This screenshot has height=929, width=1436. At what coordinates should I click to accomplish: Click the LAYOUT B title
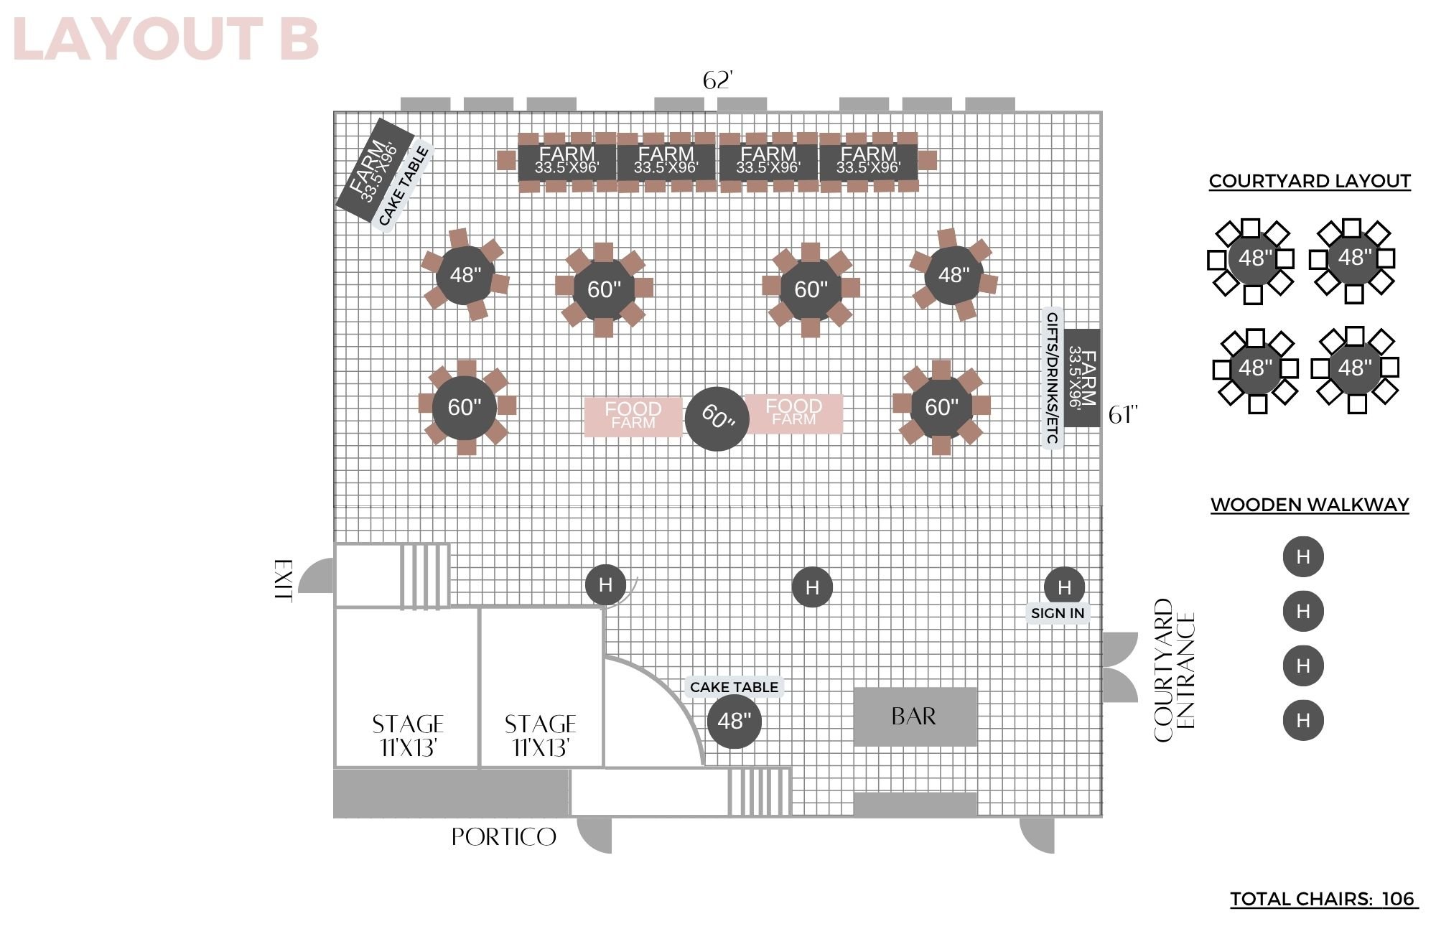tap(166, 39)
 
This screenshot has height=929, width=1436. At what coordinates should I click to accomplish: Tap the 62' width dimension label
tap(718, 80)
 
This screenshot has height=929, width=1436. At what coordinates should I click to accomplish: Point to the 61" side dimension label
tap(1123, 415)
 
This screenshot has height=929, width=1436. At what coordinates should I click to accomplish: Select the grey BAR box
tap(915, 716)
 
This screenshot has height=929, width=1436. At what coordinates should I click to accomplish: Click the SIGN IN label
tap(1058, 613)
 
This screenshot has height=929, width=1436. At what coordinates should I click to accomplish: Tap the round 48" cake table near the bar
tap(734, 721)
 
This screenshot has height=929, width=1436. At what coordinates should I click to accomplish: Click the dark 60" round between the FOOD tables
tap(717, 419)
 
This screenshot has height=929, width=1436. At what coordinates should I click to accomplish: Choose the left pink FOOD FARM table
tap(633, 416)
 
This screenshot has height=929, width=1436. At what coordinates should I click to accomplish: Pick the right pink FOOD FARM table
tap(793, 414)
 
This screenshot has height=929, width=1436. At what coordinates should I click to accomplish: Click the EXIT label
tap(284, 580)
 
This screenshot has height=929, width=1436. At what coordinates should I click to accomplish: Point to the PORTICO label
tap(504, 837)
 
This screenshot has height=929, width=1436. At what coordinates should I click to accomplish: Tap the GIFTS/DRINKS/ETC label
tap(1052, 378)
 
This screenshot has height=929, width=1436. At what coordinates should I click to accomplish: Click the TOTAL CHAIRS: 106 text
tap(1323, 899)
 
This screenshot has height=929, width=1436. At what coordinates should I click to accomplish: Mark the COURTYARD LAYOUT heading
tap(1310, 182)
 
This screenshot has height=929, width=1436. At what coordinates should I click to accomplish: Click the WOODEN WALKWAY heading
tap(1310, 505)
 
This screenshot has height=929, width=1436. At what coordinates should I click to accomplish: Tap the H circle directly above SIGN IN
tap(1064, 587)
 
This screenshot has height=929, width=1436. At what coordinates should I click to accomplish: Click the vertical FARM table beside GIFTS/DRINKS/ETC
tap(1082, 378)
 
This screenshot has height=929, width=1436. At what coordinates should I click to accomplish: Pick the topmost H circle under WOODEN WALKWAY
tap(1303, 556)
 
